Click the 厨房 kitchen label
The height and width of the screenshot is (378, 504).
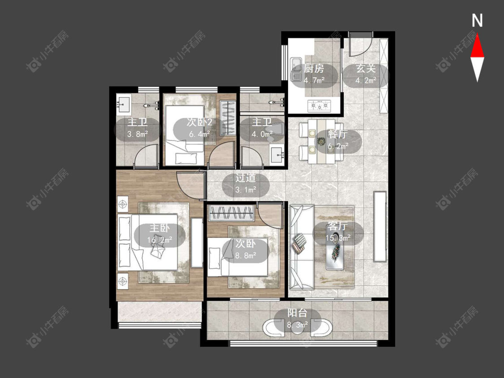coord(314,69)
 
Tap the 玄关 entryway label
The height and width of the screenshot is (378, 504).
coord(366,69)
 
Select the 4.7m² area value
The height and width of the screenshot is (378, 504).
coord(314,80)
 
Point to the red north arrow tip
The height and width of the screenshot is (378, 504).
coord(477,35)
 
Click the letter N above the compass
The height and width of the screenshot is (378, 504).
coord(477,21)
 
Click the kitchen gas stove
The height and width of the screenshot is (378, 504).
coord(319,105)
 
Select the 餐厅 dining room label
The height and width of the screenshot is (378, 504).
coord(338,134)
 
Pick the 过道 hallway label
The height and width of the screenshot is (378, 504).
coord(246,178)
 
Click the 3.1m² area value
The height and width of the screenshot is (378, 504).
coord(246,189)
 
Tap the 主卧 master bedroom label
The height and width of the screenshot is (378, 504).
coord(160,228)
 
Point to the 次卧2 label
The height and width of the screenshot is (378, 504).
coord(199,122)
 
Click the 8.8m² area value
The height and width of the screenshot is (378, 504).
coord(246,255)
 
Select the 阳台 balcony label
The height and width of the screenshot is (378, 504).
coord(297,313)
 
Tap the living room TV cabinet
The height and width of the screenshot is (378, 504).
coord(379,226)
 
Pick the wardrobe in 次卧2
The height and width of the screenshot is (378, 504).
coord(228,118)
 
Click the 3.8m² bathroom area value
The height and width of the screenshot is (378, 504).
coord(137,134)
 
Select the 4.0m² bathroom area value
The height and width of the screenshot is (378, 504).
coord(262,134)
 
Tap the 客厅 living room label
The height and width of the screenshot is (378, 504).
coord(338,226)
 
